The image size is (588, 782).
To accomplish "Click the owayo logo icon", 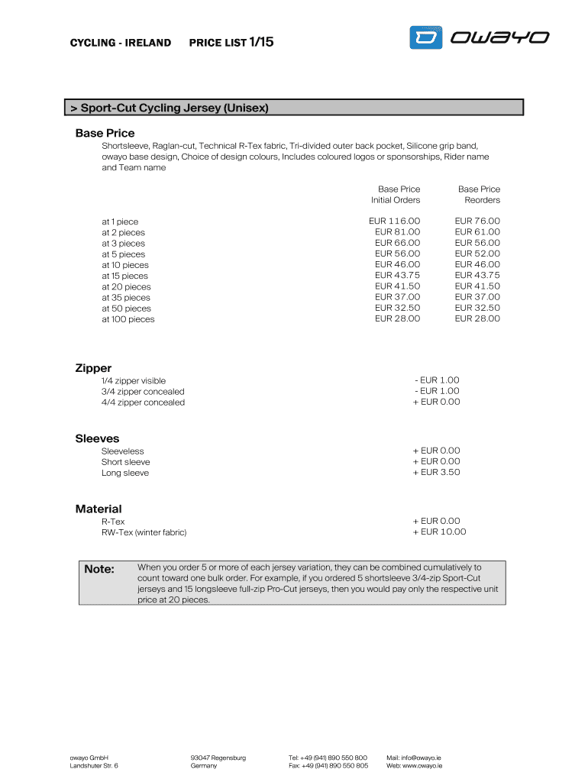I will click(x=426, y=37).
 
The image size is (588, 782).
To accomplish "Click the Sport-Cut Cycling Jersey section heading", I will click(x=170, y=108).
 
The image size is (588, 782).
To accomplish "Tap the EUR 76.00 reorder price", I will click(x=477, y=221).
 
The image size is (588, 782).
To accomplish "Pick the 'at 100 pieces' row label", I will click(x=128, y=319).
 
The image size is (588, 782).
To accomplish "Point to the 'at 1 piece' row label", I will click(x=120, y=221).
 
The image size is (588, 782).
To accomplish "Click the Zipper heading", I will click(x=93, y=368).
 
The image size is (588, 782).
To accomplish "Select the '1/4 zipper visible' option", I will click(x=134, y=380).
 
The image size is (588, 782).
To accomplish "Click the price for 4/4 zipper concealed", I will click(x=436, y=402).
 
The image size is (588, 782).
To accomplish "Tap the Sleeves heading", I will click(x=97, y=438).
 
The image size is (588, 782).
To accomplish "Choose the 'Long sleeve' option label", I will click(x=125, y=473).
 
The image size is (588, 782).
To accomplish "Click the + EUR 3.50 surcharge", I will click(x=436, y=472).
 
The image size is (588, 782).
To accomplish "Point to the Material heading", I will click(x=99, y=509).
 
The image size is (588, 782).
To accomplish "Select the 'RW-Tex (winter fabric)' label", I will click(x=144, y=532).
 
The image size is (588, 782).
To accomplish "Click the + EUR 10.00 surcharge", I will click(x=439, y=532).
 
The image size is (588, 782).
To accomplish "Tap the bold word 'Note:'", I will click(x=99, y=569).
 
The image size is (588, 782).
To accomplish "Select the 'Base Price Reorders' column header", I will click(x=479, y=194).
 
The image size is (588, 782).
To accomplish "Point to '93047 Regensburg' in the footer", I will click(x=218, y=758).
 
